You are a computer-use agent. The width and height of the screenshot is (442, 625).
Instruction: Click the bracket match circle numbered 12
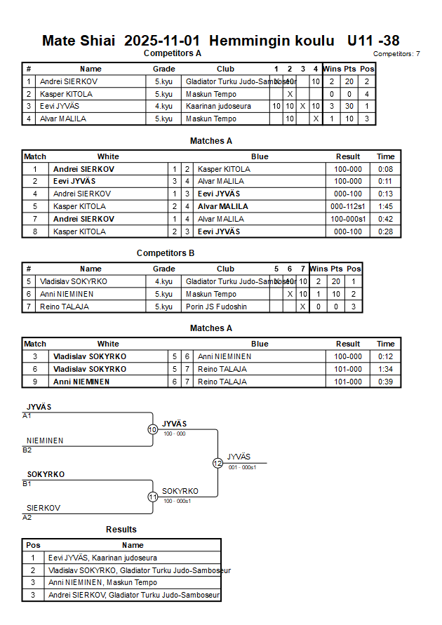217,463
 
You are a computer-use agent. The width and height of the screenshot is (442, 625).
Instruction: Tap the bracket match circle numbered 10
152,429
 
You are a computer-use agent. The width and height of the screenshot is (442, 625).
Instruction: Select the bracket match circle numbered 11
152,497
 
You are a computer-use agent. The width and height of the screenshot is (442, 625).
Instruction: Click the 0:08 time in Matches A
385,169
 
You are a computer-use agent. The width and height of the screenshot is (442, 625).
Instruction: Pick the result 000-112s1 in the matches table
348,207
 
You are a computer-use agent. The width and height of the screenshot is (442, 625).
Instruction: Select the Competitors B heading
166,253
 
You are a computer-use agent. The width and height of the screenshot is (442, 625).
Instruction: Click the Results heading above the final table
121,530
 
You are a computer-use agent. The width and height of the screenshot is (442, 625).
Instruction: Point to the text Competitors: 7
396,54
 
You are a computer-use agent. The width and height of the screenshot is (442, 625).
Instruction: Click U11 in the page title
361,41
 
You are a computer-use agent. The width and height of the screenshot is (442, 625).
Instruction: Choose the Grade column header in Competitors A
163,69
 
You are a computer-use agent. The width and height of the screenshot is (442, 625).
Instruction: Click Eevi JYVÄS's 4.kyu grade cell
163,107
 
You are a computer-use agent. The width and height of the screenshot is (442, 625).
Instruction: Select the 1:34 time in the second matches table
385,369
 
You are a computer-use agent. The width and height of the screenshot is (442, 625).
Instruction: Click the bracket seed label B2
27,450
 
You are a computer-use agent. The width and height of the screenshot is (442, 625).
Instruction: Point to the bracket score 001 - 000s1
243,467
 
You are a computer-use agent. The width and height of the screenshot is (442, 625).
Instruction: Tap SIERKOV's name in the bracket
43,508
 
